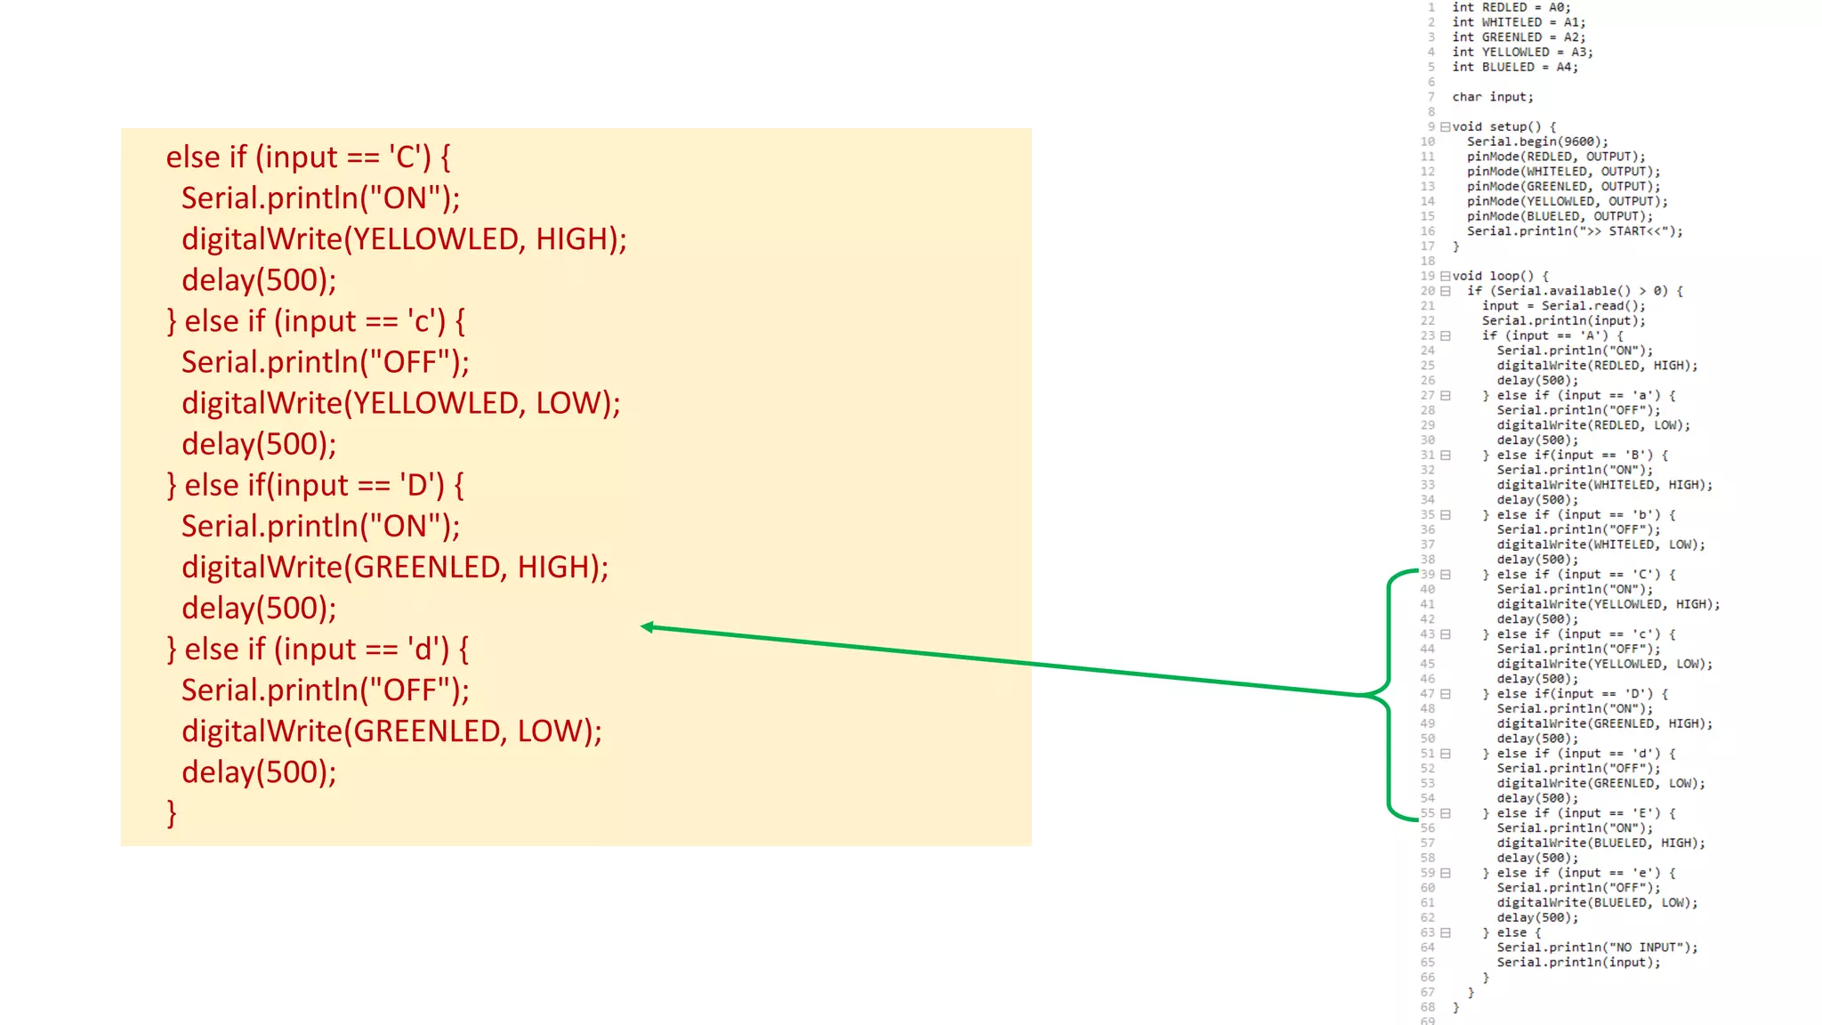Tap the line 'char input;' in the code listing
1492,97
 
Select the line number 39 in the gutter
1427,575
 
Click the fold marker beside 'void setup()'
1446,126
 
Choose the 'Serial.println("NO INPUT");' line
1596,948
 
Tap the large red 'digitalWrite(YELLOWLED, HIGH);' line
404,239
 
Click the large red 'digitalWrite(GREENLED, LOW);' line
391,731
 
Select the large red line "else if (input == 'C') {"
308,157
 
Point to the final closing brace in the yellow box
172,812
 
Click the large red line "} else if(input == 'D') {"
315,486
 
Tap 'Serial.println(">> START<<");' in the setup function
1575,231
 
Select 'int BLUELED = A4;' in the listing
1514,67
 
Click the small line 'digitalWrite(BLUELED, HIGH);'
1600,843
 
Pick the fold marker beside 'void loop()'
1446,276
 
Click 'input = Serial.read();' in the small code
1563,306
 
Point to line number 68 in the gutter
1427,1007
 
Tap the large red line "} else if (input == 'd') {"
318,650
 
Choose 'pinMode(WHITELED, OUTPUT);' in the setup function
1563,172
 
